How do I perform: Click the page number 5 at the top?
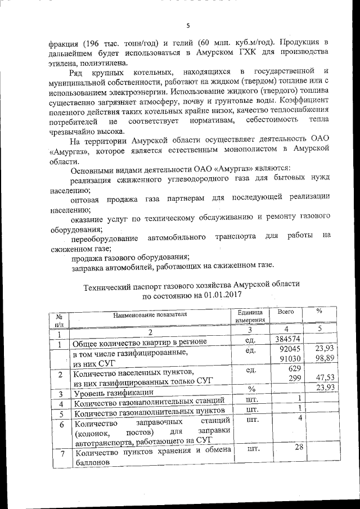(188, 25)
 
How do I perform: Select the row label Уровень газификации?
(113, 393)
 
